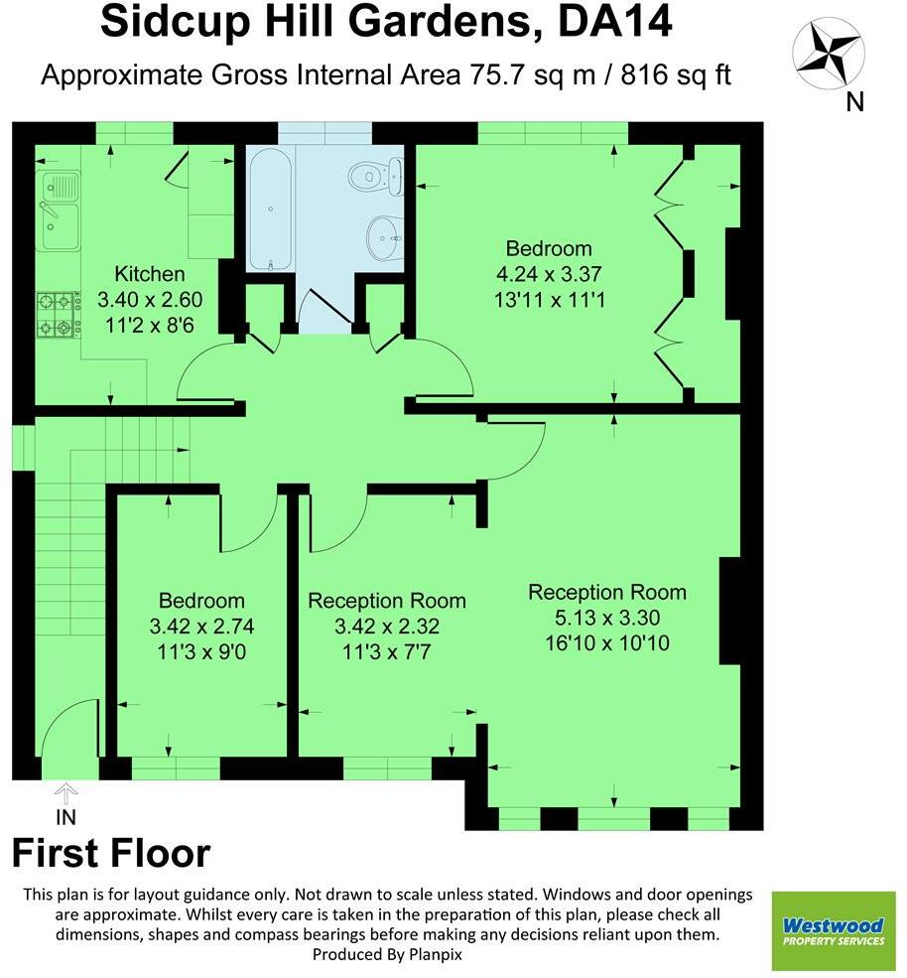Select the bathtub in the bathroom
tap(270, 210)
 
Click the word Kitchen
tap(149, 274)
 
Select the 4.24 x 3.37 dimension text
tap(549, 273)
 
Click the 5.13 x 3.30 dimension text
tap(606, 618)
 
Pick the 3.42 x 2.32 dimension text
tap(386, 627)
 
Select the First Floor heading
tap(111, 854)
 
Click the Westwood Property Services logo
tap(833, 930)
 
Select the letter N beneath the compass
tap(854, 100)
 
